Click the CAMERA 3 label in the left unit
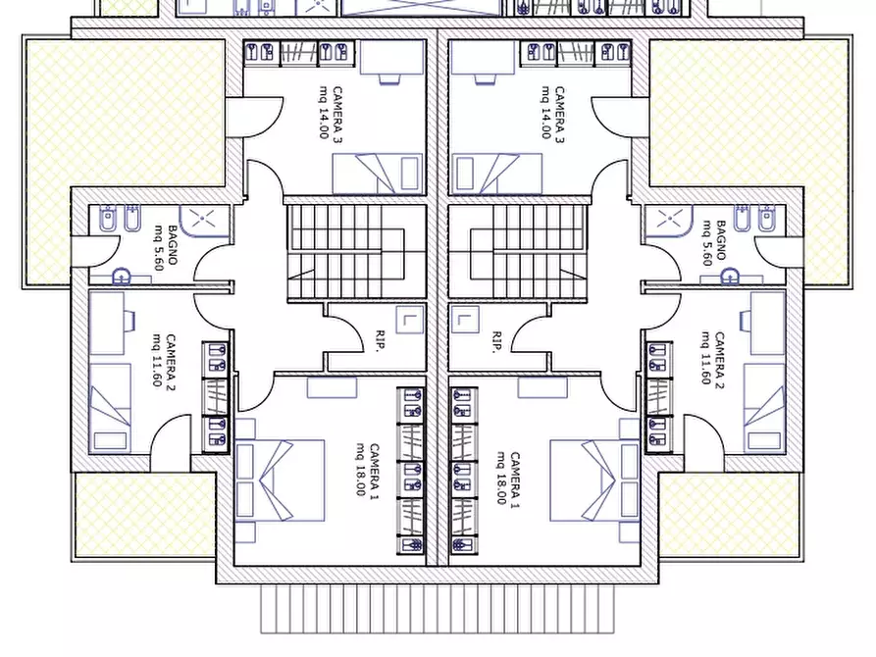click(337, 115)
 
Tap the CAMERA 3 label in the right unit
click(559, 115)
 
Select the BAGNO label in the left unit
click(173, 245)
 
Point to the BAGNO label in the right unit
click(721, 241)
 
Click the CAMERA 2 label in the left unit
click(171, 363)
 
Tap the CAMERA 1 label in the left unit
click(375, 472)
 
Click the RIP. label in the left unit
click(381, 342)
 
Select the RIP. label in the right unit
click(496, 342)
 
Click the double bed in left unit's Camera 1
click(280, 480)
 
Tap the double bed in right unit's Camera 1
click(595, 480)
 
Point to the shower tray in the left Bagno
click(204, 222)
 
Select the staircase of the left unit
click(356, 253)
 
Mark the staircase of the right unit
click(518, 253)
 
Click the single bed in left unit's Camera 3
click(378, 174)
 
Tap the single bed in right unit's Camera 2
click(765, 408)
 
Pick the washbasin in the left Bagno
click(122, 276)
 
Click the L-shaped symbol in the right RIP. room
click(464, 320)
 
